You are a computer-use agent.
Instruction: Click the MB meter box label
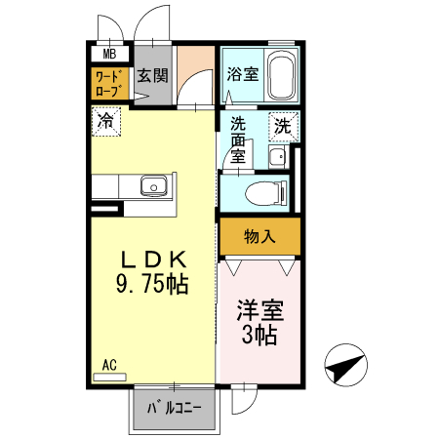tap(109, 55)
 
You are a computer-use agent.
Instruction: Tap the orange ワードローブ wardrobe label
tap(109, 83)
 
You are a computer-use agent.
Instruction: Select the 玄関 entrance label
tap(151, 76)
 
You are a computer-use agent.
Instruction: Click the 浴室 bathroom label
tap(241, 73)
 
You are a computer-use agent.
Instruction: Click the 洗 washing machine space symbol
tap(282, 125)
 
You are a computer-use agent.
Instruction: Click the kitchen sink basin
tap(152, 185)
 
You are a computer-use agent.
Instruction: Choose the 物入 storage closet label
tap(258, 235)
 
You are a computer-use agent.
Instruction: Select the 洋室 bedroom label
tap(259, 312)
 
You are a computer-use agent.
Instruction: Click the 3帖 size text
tap(259, 337)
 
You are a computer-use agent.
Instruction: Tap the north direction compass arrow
tap(346, 366)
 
